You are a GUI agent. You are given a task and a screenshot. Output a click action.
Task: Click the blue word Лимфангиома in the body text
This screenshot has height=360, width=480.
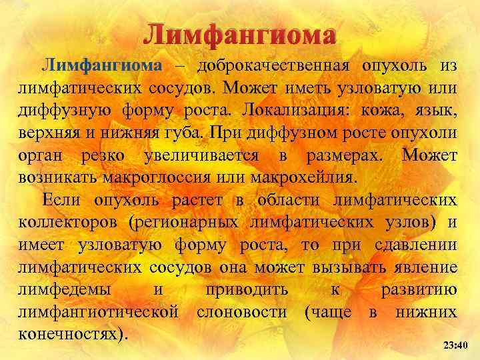coord(102,65)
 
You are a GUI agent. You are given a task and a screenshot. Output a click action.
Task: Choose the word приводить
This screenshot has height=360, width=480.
coord(247,290)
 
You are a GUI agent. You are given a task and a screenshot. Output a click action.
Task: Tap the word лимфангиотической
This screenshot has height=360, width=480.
coord(99,312)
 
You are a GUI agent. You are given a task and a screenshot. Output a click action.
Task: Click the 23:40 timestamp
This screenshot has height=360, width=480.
coord(456,345)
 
